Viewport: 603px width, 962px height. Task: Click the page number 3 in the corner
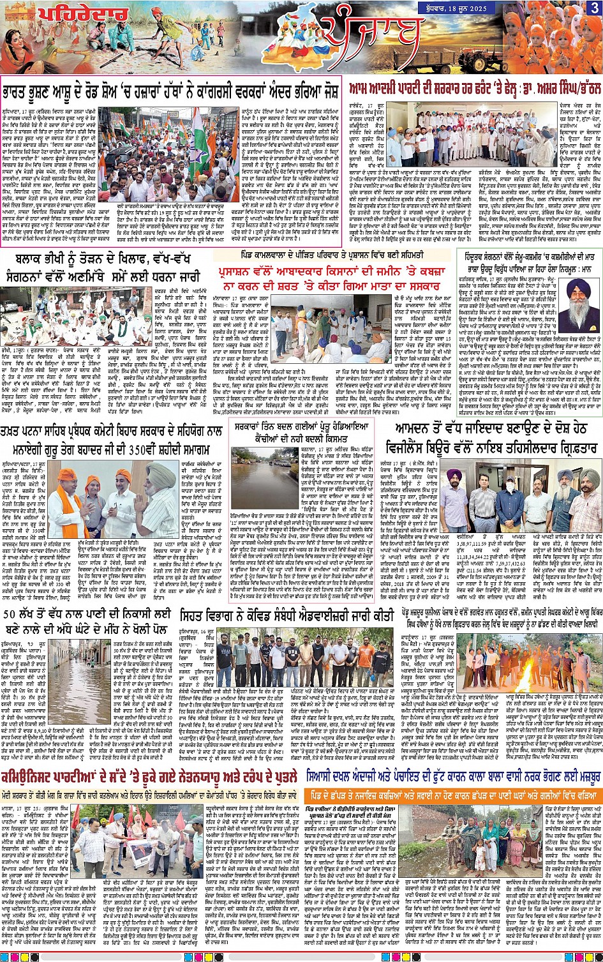click(594, 8)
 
